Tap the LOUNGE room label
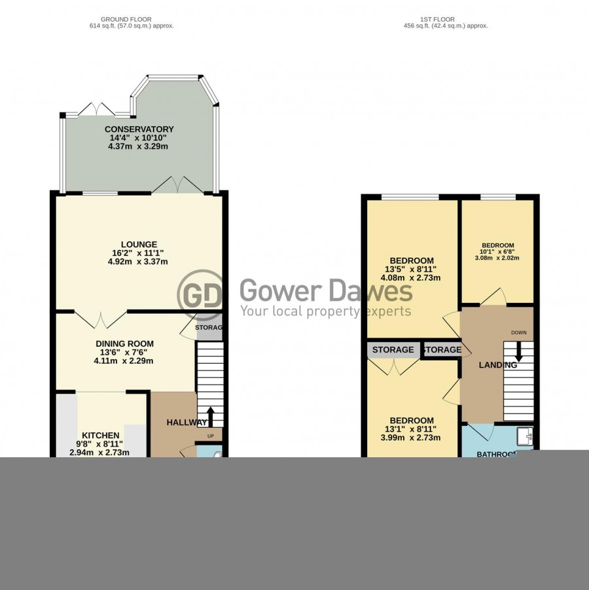139,245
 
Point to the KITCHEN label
100,436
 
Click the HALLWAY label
187,423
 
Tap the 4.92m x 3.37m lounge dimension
139,262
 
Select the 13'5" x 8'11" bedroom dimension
411,269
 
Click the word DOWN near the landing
518,333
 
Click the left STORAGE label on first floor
393,350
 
